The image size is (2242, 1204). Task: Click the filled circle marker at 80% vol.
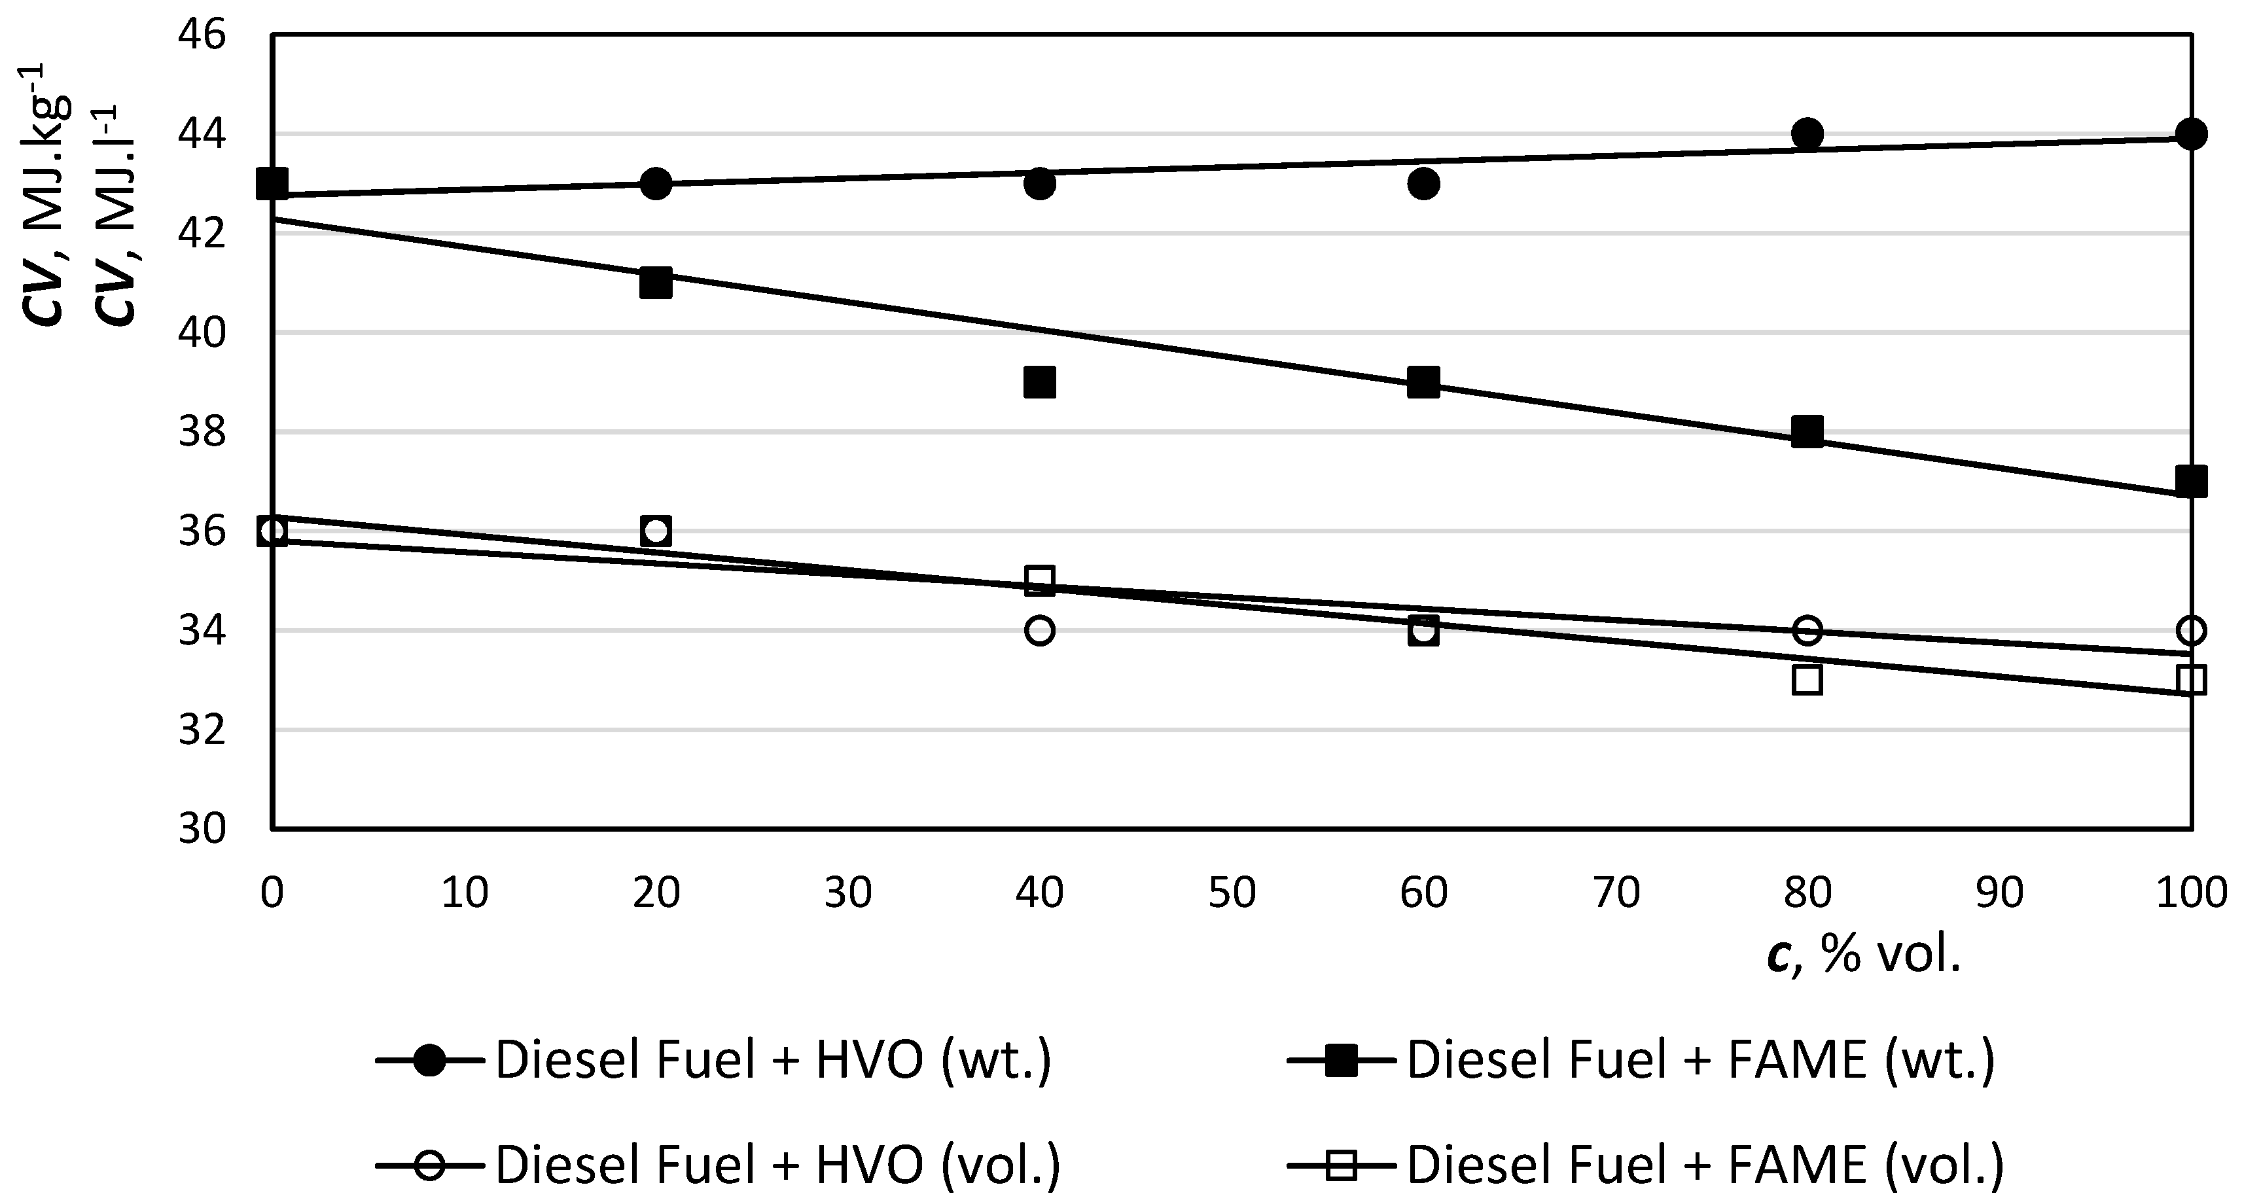pos(1807,134)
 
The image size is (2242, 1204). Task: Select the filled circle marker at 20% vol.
pos(655,184)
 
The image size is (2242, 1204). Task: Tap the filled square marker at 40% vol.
pos(1040,382)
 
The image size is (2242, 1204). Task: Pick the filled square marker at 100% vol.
pos(2192,480)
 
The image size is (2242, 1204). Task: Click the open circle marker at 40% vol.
pos(1040,630)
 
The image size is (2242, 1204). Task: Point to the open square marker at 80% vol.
pos(1807,679)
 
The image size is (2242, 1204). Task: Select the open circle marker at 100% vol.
pos(2192,630)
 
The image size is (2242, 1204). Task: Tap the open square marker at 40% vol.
pos(1040,580)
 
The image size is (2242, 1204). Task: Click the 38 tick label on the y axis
pos(202,432)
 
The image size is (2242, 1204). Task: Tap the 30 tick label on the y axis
pos(202,829)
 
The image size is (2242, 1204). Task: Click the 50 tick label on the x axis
pos(1232,893)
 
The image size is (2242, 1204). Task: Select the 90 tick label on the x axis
pos(1999,893)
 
